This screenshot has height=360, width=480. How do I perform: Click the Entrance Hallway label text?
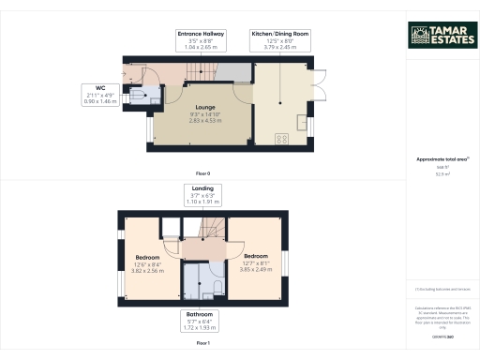coord(199,33)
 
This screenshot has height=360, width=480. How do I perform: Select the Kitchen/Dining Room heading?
coord(279,33)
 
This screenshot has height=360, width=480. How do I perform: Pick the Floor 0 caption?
coord(202,174)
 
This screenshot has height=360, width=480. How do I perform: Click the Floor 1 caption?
coord(202,344)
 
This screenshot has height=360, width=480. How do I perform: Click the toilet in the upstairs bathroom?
coord(217,286)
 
